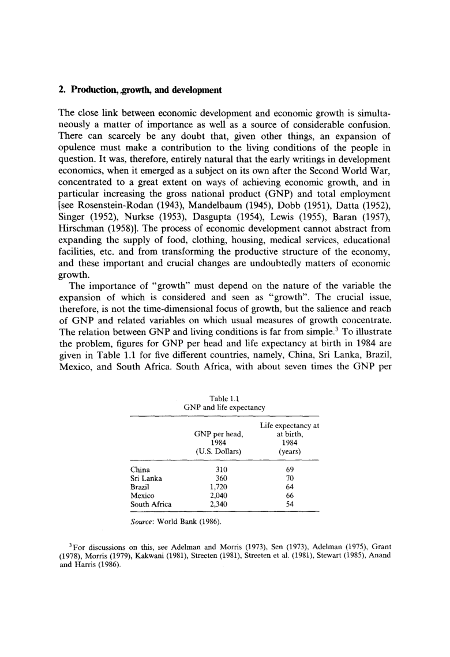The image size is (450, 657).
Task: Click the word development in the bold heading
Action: click(196, 89)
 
